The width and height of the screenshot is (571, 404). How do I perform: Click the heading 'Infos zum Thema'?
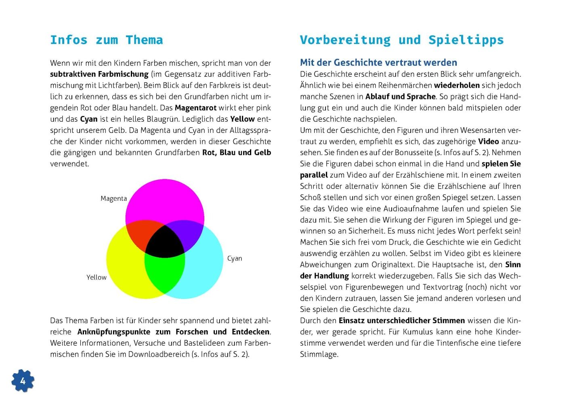coord(106,40)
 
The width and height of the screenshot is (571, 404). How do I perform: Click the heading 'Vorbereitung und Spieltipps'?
coord(401,40)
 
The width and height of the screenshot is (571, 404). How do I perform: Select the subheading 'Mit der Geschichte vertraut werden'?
coord(378,63)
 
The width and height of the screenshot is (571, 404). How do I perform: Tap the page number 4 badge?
coord(23,381)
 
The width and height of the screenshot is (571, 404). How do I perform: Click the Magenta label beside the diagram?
coord(113,198)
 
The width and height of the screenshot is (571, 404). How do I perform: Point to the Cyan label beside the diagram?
coord(234,258)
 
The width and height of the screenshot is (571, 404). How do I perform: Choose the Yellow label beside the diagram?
coord(96,277)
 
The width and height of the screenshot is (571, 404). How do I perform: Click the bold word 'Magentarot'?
coord(195,108)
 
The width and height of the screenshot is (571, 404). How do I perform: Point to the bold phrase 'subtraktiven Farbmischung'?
coord(99,74)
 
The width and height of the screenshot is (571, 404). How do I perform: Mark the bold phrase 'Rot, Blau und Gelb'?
coord(236,152)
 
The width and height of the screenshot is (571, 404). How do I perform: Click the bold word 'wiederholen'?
coord(457,85)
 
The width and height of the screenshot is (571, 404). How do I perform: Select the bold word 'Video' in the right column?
coord(488,141)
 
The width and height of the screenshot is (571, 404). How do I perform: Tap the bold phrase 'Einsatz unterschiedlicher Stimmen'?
coord(401,320)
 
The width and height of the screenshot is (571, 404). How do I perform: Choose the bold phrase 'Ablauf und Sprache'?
coord(400,97)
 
